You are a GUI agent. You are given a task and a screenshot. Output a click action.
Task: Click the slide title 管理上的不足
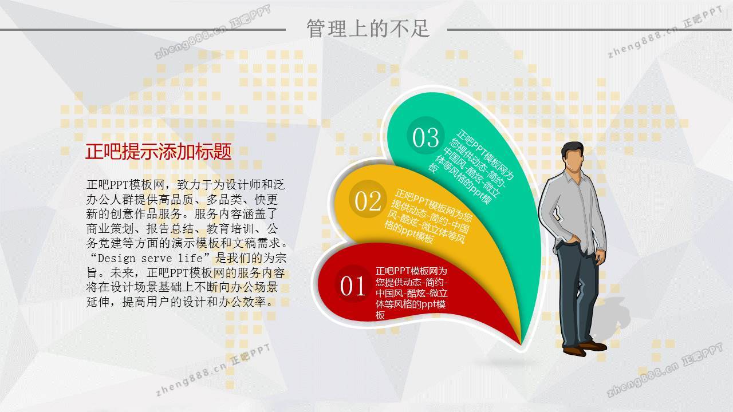(x=368, y=28)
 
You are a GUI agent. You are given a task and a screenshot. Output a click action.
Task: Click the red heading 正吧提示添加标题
(x=159, y=152)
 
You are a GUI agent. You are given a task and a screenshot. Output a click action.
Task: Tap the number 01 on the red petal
(x=353, y=286)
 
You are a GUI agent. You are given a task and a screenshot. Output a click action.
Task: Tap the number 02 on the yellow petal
(x=368, y=201)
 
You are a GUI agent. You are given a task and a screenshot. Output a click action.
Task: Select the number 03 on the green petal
(x=425, y=137)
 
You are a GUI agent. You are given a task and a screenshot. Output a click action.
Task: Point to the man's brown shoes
(x=585, y=348)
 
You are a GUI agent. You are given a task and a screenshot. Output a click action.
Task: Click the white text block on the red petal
(x=411, y=293)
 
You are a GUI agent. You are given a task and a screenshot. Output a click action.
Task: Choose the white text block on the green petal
(x=471, y=167)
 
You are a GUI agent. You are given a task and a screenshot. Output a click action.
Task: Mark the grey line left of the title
(x=143, y=30)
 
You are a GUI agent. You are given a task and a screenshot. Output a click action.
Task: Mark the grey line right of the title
(x=589, y=30)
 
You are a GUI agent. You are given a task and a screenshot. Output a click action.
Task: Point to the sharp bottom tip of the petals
(x=521, y=344)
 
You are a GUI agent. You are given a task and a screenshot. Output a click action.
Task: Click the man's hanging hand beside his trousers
(x=600, y=257)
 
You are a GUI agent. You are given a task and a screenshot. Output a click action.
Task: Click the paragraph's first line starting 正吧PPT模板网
(x=185, y=185)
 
